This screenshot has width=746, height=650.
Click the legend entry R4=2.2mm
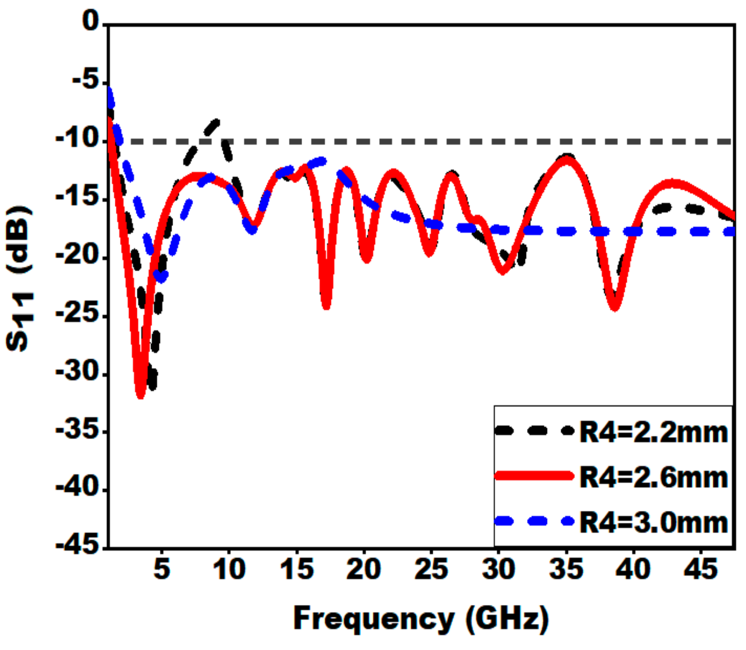tap(653, 432)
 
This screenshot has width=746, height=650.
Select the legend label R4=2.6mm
tap(653, 477)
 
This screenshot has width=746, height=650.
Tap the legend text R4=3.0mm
tap(653, 522)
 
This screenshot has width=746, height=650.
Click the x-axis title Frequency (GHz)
tap(421, 619)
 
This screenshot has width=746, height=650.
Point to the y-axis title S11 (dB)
tap(20, 279)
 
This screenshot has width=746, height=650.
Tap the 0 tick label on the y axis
tap(91, 22)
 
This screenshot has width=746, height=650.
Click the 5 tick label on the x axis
tap(161, 569)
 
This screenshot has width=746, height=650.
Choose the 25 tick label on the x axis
tap(431, 569)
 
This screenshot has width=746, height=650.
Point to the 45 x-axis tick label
tap(701, 569)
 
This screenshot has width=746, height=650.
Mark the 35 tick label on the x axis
tap(566, 569)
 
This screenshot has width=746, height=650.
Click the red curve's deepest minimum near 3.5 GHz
tap(141, 395)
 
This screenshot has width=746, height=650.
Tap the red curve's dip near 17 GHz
tap(326, 306)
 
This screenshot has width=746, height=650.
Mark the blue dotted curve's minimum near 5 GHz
tap(161, 278)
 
